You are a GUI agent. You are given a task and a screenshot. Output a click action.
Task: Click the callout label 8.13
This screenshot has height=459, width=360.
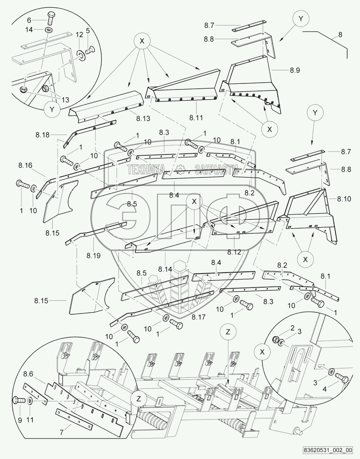point(143,118)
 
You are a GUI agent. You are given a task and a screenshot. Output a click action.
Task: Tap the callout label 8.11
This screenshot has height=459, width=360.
point(196,117)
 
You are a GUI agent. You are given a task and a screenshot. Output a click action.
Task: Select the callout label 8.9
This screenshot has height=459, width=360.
point(295,70)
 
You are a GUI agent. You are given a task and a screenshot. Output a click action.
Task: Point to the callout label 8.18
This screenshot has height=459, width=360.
point(43,135)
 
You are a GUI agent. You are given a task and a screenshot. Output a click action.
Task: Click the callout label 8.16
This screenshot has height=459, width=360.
point(25,165)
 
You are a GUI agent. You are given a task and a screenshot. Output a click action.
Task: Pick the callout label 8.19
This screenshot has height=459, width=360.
point(94,256)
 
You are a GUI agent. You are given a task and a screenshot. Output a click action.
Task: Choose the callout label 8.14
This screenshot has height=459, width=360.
point(165,269)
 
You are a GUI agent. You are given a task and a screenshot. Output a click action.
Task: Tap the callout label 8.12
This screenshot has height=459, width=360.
point(234,252)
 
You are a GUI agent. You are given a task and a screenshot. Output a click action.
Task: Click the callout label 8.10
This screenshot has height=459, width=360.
point(344,199)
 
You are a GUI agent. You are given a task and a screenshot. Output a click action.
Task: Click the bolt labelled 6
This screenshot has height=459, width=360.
point(50,18)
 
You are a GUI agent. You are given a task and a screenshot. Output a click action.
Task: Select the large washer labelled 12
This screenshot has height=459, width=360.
point(81,55)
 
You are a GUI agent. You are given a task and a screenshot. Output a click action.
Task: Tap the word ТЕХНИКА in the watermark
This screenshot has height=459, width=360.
point(146,170)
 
